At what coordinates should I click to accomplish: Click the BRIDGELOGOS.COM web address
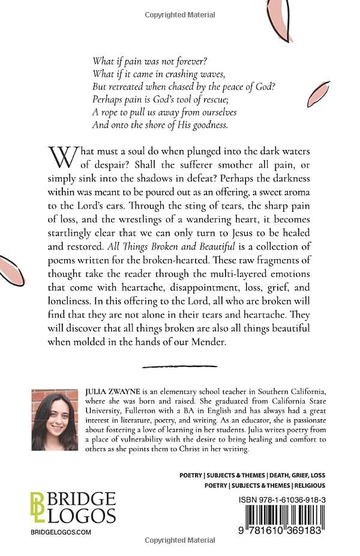point(60,532)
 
